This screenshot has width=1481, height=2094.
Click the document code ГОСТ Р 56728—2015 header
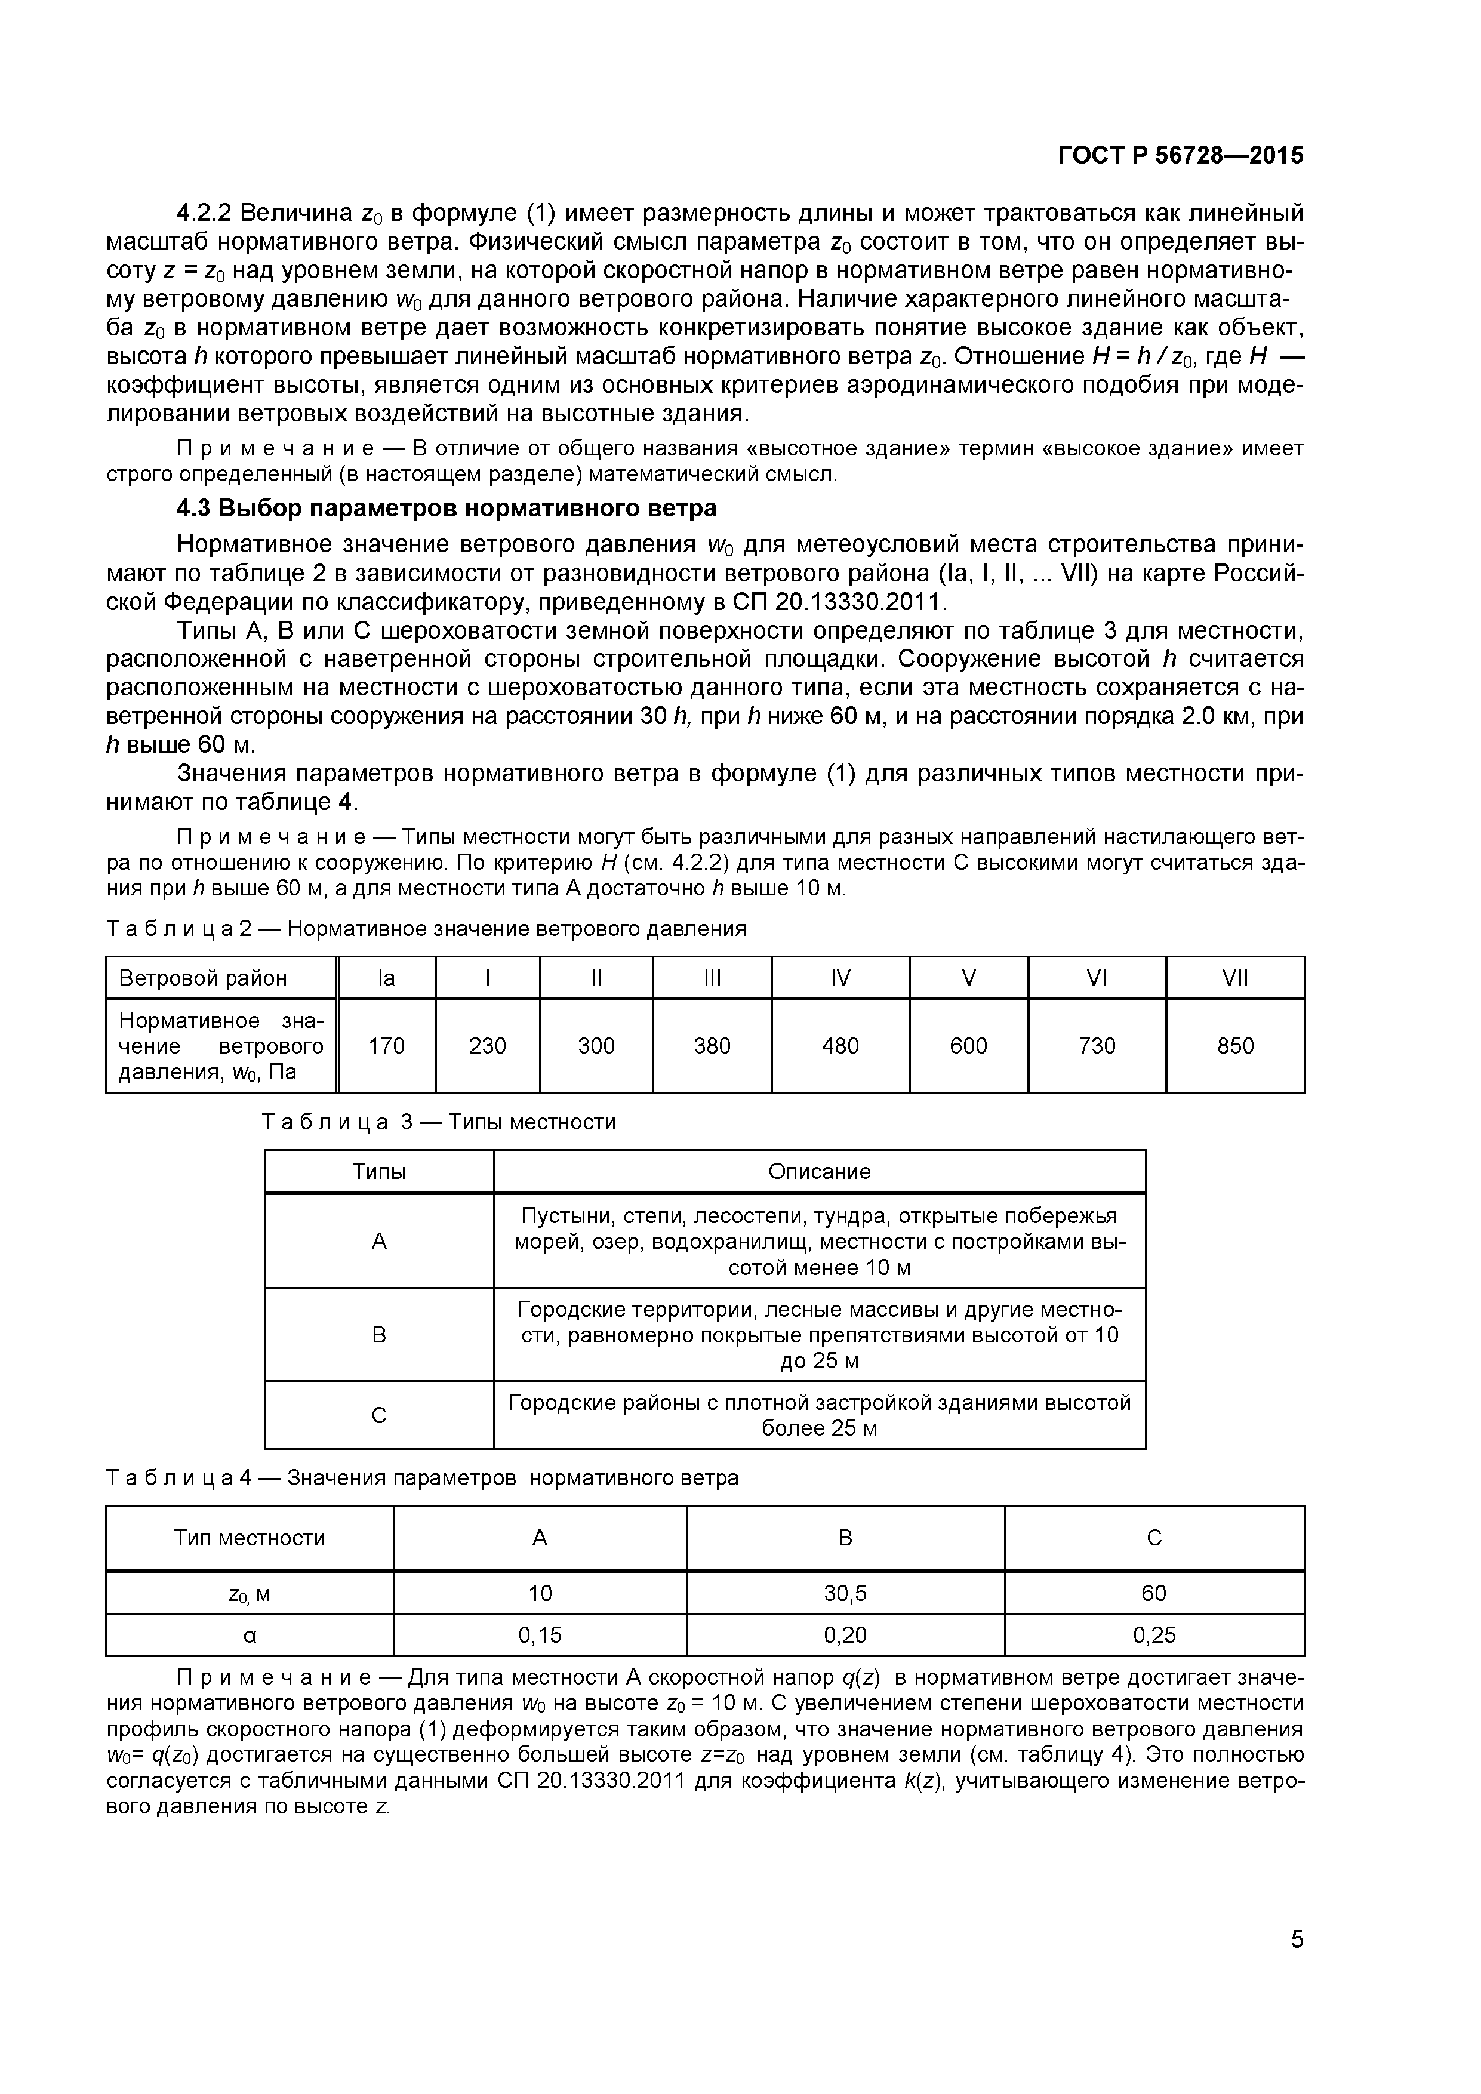pos(1180,156)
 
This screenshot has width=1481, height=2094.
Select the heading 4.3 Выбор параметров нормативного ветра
pos(447,508)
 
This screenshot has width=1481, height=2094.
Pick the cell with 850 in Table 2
pos(1235,1046)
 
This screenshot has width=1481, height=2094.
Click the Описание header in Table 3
pos(819,1171)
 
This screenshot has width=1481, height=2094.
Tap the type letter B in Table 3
pos(380,1335)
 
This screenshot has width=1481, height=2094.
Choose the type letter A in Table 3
pos(380,1241)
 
